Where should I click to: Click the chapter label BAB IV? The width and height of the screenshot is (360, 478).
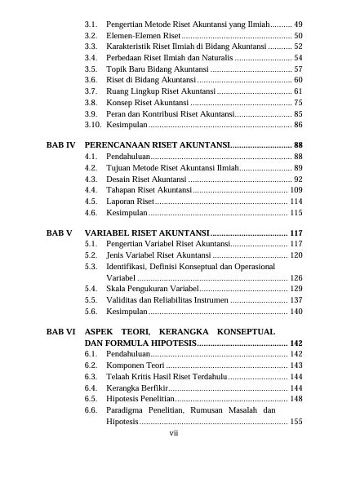(60, 144)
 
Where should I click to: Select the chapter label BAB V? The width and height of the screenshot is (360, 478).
(60, 232)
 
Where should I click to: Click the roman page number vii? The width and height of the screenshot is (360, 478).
(173, 433)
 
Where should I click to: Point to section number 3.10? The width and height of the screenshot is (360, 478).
(93, 125)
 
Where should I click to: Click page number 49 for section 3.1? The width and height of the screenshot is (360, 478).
(298, 25)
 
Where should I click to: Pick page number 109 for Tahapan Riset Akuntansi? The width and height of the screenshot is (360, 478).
(296, 189)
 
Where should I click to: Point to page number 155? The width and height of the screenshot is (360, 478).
(296, 422)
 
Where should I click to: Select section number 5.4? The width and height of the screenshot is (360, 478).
(91, 288)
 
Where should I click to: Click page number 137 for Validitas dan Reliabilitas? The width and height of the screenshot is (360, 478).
(296, 299)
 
